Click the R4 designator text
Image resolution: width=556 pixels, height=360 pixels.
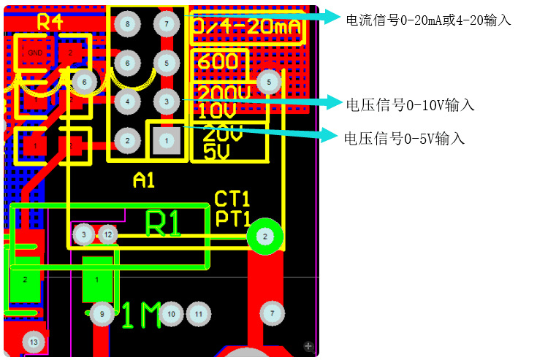(50, 23)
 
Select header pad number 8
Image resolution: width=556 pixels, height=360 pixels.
(127, 25)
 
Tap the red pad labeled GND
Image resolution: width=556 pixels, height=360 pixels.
(35, 53)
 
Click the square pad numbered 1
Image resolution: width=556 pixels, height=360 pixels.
(166, 140)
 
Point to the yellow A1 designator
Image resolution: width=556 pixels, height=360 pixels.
(144, 180)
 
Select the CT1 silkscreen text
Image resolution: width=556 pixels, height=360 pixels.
(232, 199)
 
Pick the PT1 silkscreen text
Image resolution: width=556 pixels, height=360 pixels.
(232, 218)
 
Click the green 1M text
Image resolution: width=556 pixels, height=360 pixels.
(140, 316)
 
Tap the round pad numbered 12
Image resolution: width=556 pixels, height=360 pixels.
(107, 234)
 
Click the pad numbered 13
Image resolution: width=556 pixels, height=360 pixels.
(32, 341)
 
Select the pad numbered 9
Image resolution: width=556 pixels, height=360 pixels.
(102, 314)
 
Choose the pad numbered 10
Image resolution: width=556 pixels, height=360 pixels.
(172, 314)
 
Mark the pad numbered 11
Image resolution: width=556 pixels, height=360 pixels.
(198, 314)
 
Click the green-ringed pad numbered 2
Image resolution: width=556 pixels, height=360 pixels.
(264, 236)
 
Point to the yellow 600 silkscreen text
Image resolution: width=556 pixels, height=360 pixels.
(218, 61)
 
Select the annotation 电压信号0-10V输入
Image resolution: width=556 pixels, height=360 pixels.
(411, 105)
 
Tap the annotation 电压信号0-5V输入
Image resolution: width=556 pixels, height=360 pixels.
(404, 138)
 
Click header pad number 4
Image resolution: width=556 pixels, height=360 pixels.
(127, 102)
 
